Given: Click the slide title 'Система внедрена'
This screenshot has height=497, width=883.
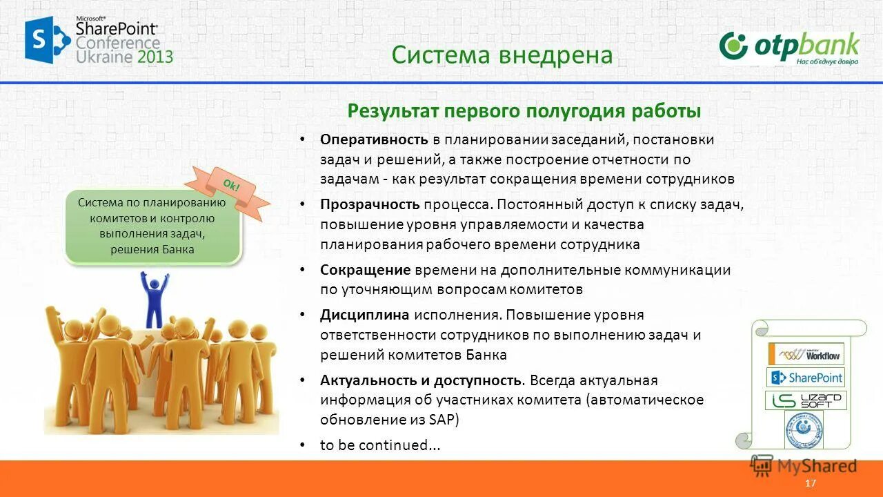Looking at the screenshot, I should pyautogui.click(x=502, y=55).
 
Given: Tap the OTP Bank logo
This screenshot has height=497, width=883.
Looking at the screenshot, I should pyautogui.click(x=789, y=48).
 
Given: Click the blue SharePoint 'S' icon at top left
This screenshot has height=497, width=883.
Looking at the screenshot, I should pyautogui.click(x=47, y=40).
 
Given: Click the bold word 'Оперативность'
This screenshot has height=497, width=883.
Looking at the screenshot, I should pyautogui.click(x=374, y=139).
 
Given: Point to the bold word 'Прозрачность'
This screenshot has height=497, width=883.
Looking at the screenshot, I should pyautogui.click(x=370, y=205).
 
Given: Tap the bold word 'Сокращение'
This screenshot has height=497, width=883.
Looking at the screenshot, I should pyautogui.click(x=365, y=270).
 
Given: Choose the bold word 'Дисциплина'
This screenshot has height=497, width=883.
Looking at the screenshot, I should pyautogui.click(x=365, y=315).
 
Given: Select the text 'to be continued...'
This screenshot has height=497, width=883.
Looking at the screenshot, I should pyautogui.click(x=380, y=445).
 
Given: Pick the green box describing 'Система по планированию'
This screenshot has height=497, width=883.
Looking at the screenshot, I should pyautogui.click(x=152, y=226).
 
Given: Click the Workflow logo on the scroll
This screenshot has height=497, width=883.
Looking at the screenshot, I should pyautogui.click(x=806, y=354).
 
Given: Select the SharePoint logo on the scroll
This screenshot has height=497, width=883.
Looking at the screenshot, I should pyautogui.click(x=806, y=378).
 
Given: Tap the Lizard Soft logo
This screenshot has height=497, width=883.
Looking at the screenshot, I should pyautogui.click(x=806, y=400).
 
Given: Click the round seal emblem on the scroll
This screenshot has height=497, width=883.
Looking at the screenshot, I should pyautogui.click(x=804, y=430).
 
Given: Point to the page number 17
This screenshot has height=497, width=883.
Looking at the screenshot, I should pyautogui.click(x=811, y=483).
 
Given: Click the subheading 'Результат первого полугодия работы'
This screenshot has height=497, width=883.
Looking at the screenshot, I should pyautogui.click(x=524, y=111).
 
